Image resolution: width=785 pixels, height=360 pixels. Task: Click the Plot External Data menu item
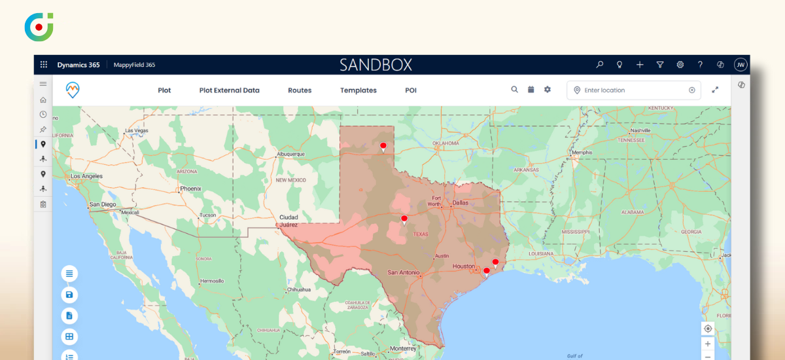coord(229,90)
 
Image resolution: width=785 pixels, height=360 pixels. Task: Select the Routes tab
coord(300,90)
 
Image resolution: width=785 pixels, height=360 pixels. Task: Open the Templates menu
coord(358,90)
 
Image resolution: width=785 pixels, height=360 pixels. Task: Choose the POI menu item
coord(411,90)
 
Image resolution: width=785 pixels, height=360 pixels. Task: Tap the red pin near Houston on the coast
coord(495,263)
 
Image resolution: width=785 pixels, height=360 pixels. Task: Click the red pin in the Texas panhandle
coord(383,147)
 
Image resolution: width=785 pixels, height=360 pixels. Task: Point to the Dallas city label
coord(461,203)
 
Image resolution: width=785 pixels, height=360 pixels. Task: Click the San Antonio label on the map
coord(403,272)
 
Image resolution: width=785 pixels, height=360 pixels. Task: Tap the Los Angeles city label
coord(86,177)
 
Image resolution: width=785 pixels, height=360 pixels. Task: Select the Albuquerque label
coord(291,154)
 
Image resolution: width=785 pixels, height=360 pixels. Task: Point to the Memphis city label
coord(582,153)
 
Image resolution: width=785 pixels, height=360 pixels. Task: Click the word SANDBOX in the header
coord(375,65)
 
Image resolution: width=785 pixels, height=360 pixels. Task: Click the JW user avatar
coord(741,65)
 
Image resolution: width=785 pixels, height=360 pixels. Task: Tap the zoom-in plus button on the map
coord(707,344)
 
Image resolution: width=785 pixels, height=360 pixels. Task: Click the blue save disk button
coord(69,295)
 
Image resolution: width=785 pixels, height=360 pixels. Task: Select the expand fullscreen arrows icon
coord(715,90)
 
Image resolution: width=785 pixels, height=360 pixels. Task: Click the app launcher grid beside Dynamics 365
coord(44,65)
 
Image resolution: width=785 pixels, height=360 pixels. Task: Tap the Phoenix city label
coord(191,189)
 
